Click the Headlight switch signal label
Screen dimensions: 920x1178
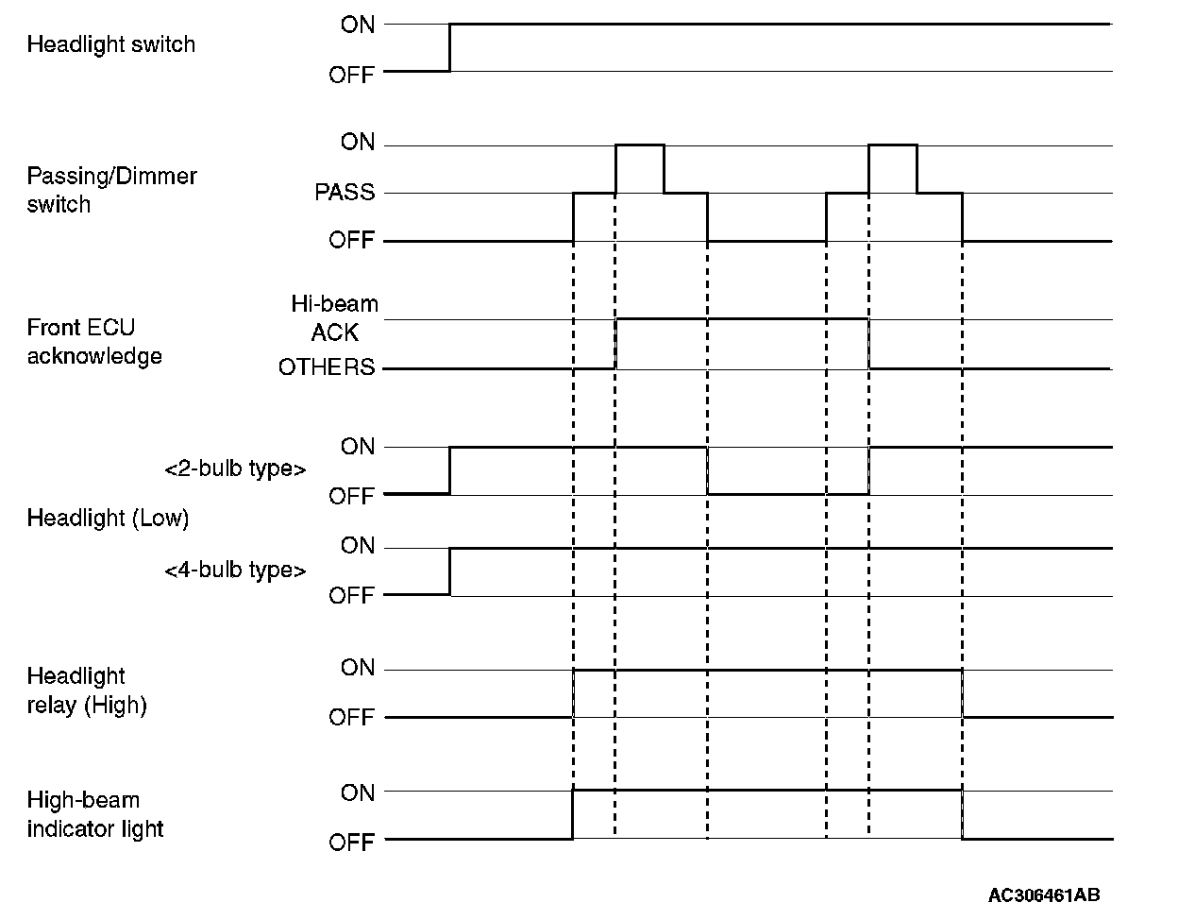(x=110, y=44)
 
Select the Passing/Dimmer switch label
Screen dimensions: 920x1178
(x=111, y=190)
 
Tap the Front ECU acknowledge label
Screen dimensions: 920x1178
(x=94, y=342)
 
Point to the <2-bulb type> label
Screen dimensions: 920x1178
(x=235, y=469)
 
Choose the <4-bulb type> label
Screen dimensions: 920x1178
(x=235, y=571)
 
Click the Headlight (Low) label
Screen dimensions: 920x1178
(x=108, y=519)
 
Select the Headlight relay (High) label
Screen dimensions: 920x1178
(x=87, y=690)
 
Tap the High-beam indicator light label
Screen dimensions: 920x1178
(x=95, y=814)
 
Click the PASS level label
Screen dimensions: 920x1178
(x=345, y=193)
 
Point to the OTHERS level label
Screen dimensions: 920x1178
(x=327, y=367)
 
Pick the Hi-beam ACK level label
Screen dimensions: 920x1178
(x=334, y=318)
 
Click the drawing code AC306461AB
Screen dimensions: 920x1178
(x=1044, y=894)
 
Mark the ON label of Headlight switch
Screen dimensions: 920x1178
(x=358, y=25)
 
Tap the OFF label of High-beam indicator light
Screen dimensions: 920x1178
(x=352, y=842)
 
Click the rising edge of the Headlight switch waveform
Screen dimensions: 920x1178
(x=449, y=47)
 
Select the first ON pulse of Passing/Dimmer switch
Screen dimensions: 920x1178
(x=639, y=145)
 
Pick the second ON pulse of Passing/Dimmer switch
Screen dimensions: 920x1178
(x=892, y=145)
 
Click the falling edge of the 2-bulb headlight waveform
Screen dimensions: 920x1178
(x=707, y=470)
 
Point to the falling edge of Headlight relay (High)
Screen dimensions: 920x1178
(x=962, y=693)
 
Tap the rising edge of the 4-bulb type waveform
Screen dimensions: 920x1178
(x=449, y=571)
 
